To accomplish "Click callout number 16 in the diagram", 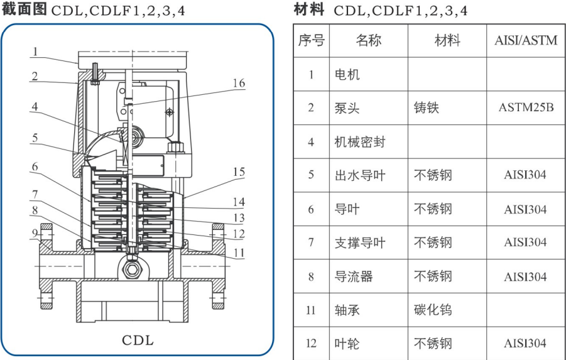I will click(239, 83).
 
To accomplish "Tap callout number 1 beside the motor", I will click(36, 51).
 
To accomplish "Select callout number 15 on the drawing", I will click(239, 172).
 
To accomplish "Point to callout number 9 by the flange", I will click(36, 232).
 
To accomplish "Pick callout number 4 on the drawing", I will click(36, 107).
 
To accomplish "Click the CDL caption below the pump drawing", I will click(138, 341).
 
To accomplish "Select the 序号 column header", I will click(311, 41).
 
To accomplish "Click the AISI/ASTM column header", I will click(526, 41).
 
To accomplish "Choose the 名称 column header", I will click(369, 41).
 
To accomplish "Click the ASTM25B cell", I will click(526, 107).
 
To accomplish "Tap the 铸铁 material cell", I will click(427, 107).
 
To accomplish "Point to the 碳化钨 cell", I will click(433, 310).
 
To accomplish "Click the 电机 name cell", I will click(347, 75).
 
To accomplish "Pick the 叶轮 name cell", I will click(347, 344).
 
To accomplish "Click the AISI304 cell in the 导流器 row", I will click(525, 276).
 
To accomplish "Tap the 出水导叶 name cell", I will click(359, 175).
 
